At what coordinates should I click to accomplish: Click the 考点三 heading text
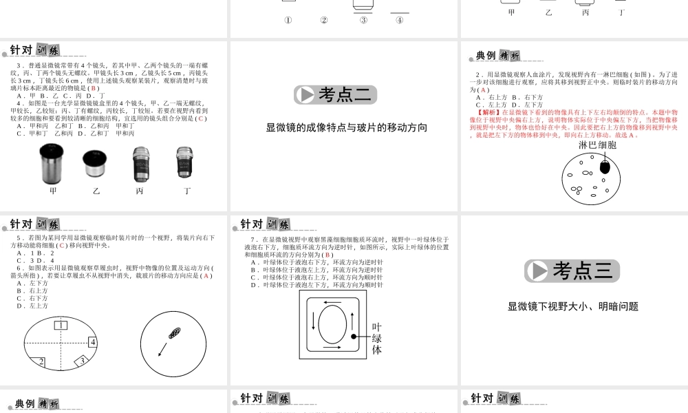pyautogui.click(x=583, y=271)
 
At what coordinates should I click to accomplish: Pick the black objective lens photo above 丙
pyautogui.click(x=140, y=165)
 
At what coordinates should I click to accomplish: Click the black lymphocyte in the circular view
pyautogui.click(x=605, y=167)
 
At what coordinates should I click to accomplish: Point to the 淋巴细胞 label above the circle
pyautogui.click(x=597, y=145)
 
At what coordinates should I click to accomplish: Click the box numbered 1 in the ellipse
pyautogui.click(x=61, y=325)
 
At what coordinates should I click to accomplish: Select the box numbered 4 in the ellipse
pyautogui.click(x=92, y=342)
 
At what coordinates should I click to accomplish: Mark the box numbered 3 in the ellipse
pyautogui.click(x=82, y=361)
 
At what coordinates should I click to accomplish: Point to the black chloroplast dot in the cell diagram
pyautogui.click(x=352, y=337)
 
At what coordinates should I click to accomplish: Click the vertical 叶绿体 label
pyautogui.click(x=376, y=339)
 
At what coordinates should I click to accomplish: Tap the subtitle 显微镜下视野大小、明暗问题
pyautogui.click(x=573, y=307)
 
